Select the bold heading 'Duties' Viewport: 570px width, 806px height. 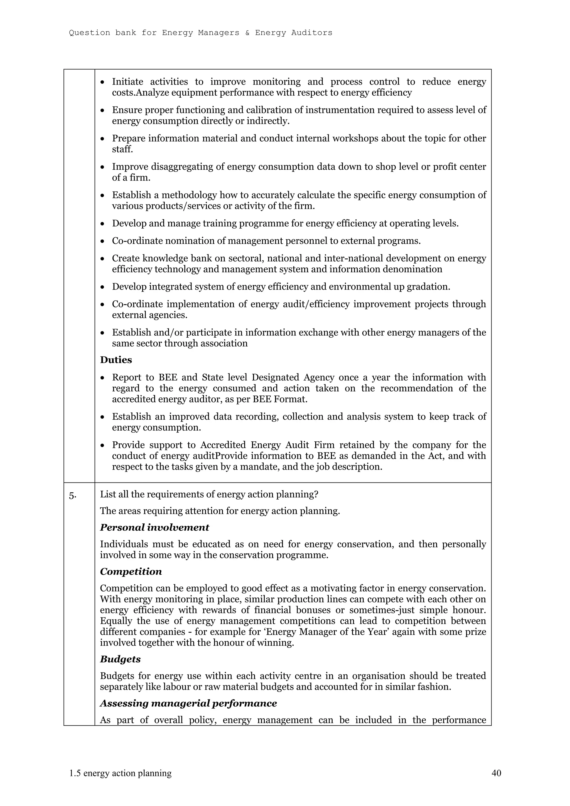click(x=116, y=360)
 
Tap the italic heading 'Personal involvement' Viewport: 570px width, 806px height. click(x=154, y=527)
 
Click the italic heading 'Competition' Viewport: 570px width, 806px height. click(x=131, y=572)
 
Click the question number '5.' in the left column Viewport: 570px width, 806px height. click(x=73, y=496)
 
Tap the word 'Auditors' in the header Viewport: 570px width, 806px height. click(x=311, y=33)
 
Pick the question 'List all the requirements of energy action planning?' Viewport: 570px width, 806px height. click(x=209, y=494)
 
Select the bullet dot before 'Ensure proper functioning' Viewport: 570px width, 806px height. click(x=102, y=111)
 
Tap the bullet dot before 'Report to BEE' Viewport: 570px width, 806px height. click(x=102, y=378)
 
